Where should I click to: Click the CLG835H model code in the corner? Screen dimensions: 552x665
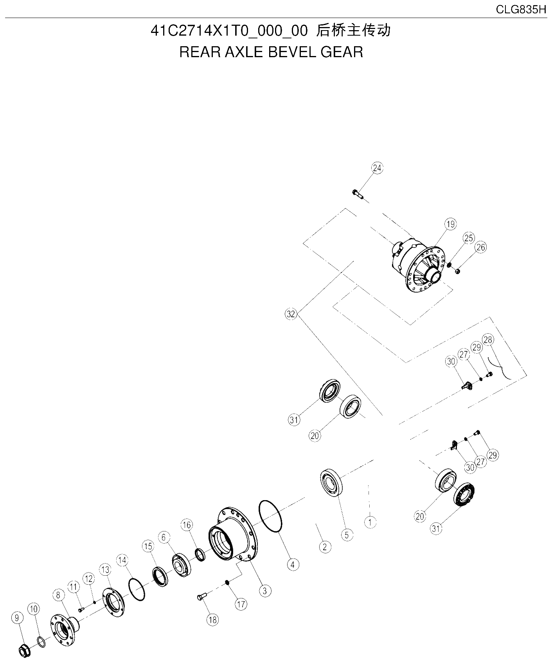(521, 10)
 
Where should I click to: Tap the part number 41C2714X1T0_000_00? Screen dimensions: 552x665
(230, 31)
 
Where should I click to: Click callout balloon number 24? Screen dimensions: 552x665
(377, 168)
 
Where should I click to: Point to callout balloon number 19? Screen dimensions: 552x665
(451, 224)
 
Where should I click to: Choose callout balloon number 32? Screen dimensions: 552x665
(291, 314)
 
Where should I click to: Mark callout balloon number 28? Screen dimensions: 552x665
(488, 339)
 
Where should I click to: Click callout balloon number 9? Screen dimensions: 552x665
(16, 618)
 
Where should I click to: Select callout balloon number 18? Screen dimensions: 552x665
(213, 620)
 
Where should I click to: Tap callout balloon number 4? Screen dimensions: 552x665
(293, 564)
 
